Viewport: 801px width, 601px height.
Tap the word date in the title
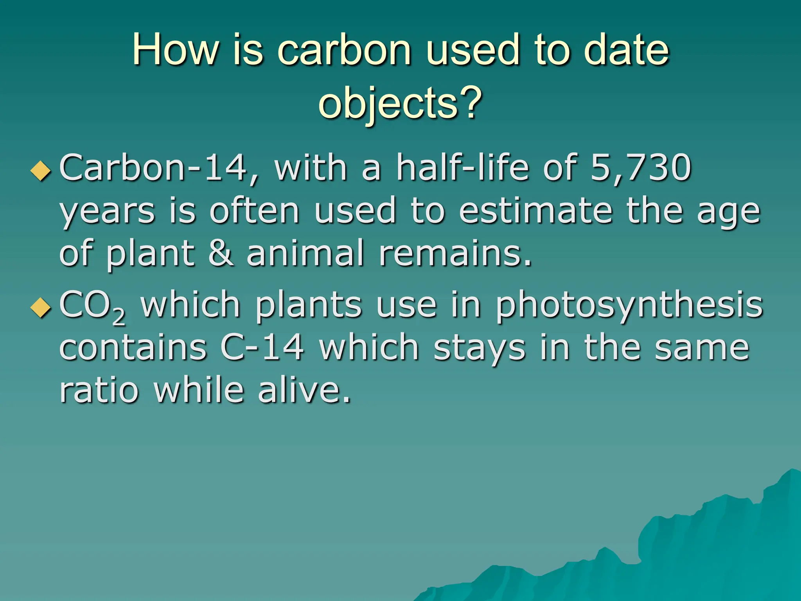point(626,50)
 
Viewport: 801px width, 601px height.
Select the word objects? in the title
point(400,103)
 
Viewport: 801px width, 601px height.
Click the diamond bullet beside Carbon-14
point(41,171)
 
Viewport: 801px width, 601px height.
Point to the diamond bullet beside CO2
point(41,308)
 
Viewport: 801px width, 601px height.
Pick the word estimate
point(535,211)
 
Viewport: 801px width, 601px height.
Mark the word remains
point(455,254)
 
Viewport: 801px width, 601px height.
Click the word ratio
point(99,390)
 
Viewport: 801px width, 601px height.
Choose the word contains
point(133,348)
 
